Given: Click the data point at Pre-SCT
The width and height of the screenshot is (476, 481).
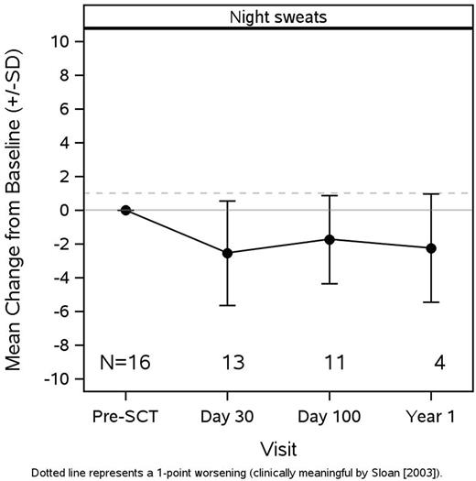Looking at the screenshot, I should pos(125,210).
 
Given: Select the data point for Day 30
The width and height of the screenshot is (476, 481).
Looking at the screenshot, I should pos(227,252).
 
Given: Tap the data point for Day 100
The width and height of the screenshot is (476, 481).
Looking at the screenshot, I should pos(330,239).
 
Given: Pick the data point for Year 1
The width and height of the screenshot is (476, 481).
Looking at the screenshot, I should pos(431,248).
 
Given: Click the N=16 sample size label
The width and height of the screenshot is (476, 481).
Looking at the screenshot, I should pos(125,363).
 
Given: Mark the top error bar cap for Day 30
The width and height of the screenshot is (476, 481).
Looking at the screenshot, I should pos(227,201).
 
